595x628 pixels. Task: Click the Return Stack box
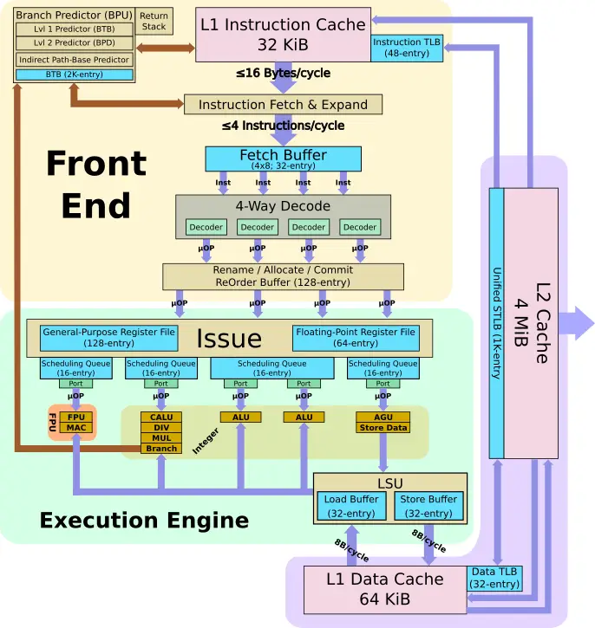tap(154, 22)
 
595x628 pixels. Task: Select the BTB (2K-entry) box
tap(75, 74)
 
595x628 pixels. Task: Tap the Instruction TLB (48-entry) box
tap(407, 48)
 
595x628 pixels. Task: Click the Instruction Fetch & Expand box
tap(283, 105)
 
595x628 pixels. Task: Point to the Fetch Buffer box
tap(283, 159)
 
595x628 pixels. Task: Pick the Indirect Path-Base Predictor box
tap(75, 60)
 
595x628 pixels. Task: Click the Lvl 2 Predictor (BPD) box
tap(75, 42)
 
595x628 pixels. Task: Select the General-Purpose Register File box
tap(109, 338)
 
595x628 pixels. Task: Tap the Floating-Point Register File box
tap(356, 338)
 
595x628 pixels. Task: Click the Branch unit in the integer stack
tap(161, 449)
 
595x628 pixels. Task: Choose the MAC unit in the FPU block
tap(76, 428)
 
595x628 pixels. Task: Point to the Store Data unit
tap(382, 428)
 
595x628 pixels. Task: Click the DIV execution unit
tap(161, 428)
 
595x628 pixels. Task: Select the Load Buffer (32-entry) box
tap(351, 506)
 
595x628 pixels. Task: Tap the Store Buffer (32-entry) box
tap(428, 506)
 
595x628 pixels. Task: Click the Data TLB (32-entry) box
tap(494, 578)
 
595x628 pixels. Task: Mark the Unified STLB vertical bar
tap(496, 323)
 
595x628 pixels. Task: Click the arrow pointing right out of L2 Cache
tap(576, 323)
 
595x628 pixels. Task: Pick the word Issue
tap(229, 339)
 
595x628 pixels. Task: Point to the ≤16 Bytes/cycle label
tap(283, 74)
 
